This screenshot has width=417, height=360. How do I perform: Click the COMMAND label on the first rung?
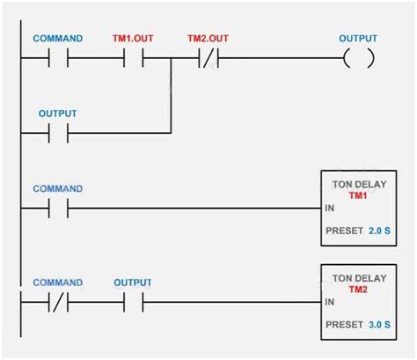58,39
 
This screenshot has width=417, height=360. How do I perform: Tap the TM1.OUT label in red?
131,39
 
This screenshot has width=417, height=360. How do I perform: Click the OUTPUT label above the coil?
358,39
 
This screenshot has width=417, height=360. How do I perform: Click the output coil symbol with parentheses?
358,59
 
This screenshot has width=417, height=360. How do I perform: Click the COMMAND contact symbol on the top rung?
58,59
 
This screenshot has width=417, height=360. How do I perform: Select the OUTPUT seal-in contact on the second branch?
58,134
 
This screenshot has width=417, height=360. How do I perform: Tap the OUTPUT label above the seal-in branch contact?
58,114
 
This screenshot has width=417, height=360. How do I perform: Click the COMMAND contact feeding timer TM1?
58,209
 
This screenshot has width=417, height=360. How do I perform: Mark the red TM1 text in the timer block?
357,195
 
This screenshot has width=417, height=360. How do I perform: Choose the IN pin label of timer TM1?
329,209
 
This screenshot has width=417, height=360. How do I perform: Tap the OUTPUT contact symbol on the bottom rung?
132,303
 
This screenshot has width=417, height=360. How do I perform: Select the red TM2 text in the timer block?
357,288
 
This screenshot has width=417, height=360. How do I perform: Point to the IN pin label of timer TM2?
329,303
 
